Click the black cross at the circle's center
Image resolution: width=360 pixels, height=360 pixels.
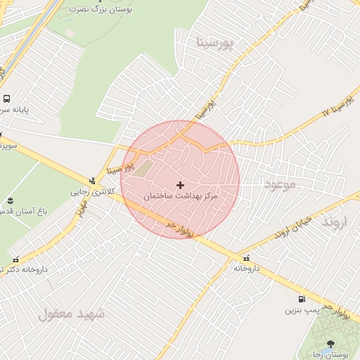coord(181,185)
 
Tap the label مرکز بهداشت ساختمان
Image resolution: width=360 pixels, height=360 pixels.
coord(181,196)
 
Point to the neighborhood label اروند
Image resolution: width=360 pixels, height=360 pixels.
coord(335,222)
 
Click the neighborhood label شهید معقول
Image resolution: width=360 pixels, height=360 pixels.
coord(72,314)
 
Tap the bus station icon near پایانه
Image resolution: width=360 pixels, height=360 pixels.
coord(6,99)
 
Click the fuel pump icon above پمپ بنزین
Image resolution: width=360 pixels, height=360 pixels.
coord(302,298)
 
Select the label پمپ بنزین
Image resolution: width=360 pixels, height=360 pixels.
coord(302,309)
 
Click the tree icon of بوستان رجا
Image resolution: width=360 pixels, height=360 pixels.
coord(331,344)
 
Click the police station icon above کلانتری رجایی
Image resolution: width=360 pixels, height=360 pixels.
coord(91,180)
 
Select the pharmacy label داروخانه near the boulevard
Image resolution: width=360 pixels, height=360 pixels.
coord(247,268)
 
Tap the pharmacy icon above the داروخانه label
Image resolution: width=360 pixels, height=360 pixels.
coord(245,257)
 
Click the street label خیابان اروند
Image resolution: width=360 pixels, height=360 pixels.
coord(292,226)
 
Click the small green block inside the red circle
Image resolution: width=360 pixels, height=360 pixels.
coord(143,169)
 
